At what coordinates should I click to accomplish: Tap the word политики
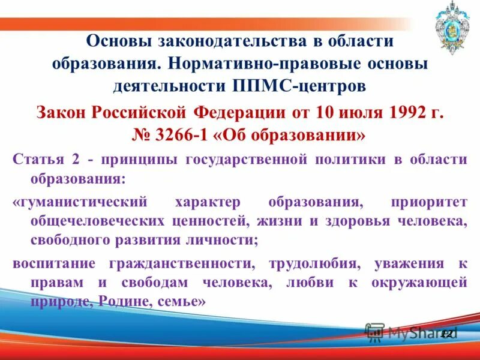344,158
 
